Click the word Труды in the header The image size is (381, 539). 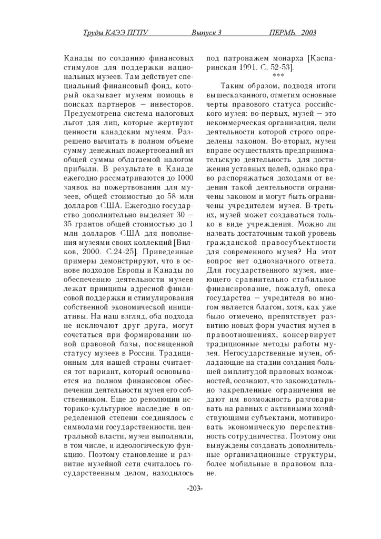coord(95,33)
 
